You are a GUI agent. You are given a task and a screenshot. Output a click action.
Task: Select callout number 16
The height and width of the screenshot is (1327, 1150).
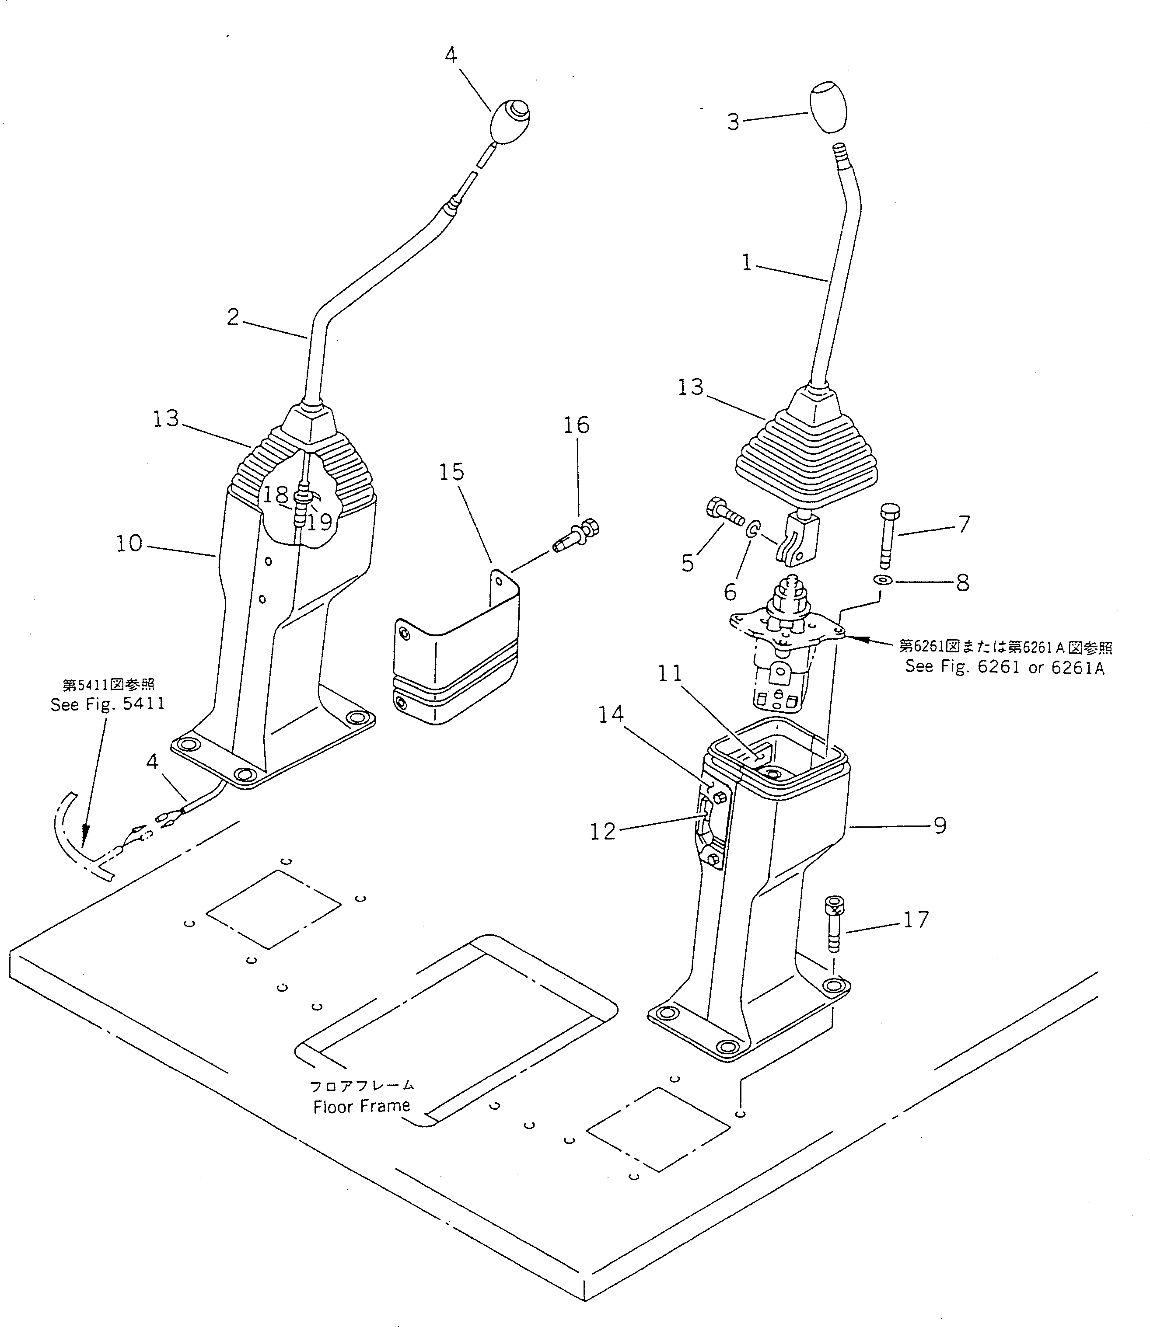point(576,425)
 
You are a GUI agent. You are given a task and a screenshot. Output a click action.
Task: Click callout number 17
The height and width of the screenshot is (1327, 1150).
point(916,920)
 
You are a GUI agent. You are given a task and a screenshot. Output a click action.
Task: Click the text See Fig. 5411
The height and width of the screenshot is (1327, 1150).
point(108,704)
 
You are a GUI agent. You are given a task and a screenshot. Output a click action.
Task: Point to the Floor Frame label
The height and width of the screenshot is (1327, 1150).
point(361,1106)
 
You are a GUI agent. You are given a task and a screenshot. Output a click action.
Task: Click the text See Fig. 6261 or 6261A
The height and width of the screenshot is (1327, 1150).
point(1004,667)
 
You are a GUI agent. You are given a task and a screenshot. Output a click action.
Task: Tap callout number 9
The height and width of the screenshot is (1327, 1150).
point(940,825)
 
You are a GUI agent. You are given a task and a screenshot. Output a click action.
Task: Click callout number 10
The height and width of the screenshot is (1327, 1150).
point(129,544)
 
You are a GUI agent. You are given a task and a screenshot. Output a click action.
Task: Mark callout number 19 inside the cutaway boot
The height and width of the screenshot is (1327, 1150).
point(319,522)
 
